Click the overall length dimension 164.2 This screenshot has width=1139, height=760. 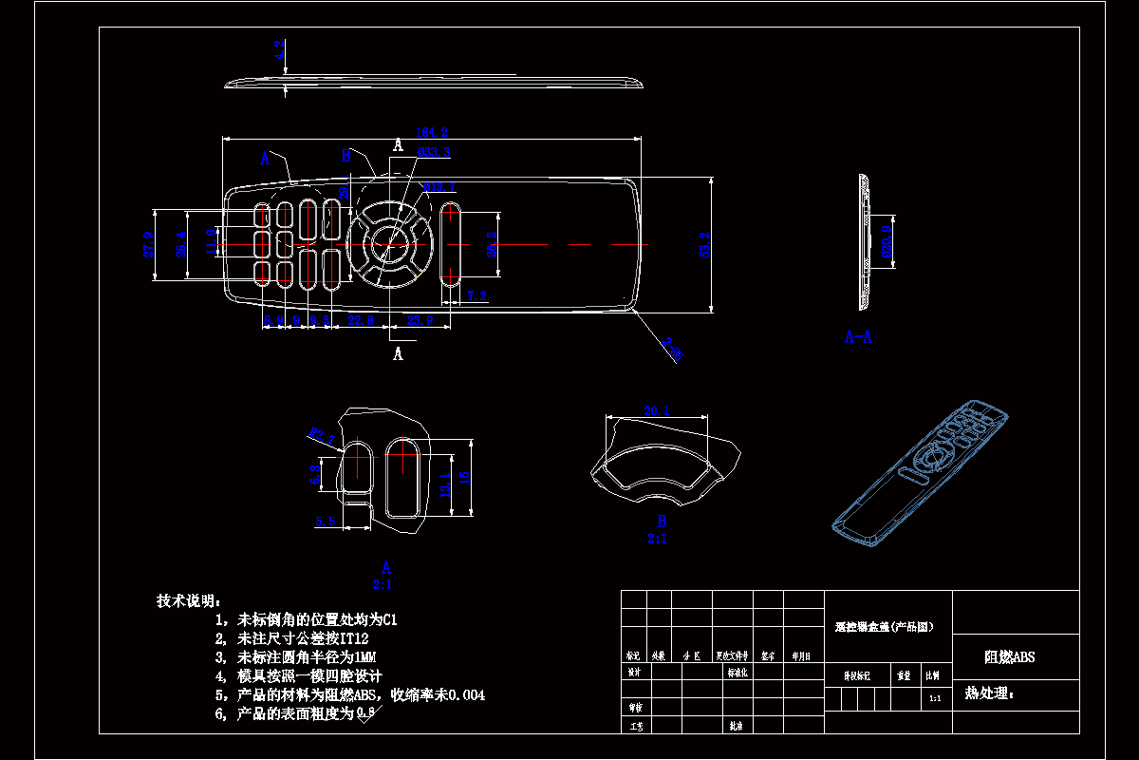coord(431,132)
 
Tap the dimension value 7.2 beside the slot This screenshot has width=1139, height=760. coord(476,296)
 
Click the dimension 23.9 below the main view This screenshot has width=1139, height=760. coord(420,321)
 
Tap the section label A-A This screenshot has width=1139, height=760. coord(858,336)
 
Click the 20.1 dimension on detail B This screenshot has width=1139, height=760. coord(657,410)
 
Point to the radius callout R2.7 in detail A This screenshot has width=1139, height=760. coord(323,436)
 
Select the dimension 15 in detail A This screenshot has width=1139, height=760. coord(463,478)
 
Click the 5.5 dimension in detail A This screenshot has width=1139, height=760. coord(326,521)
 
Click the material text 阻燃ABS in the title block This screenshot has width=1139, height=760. coord(1009,657)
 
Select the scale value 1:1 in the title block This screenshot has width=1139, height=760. coord(934,698)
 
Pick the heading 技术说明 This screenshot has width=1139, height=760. coord(189,600)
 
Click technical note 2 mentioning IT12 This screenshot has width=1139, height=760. coord(291,638)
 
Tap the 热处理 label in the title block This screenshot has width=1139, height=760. coord(989,693)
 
